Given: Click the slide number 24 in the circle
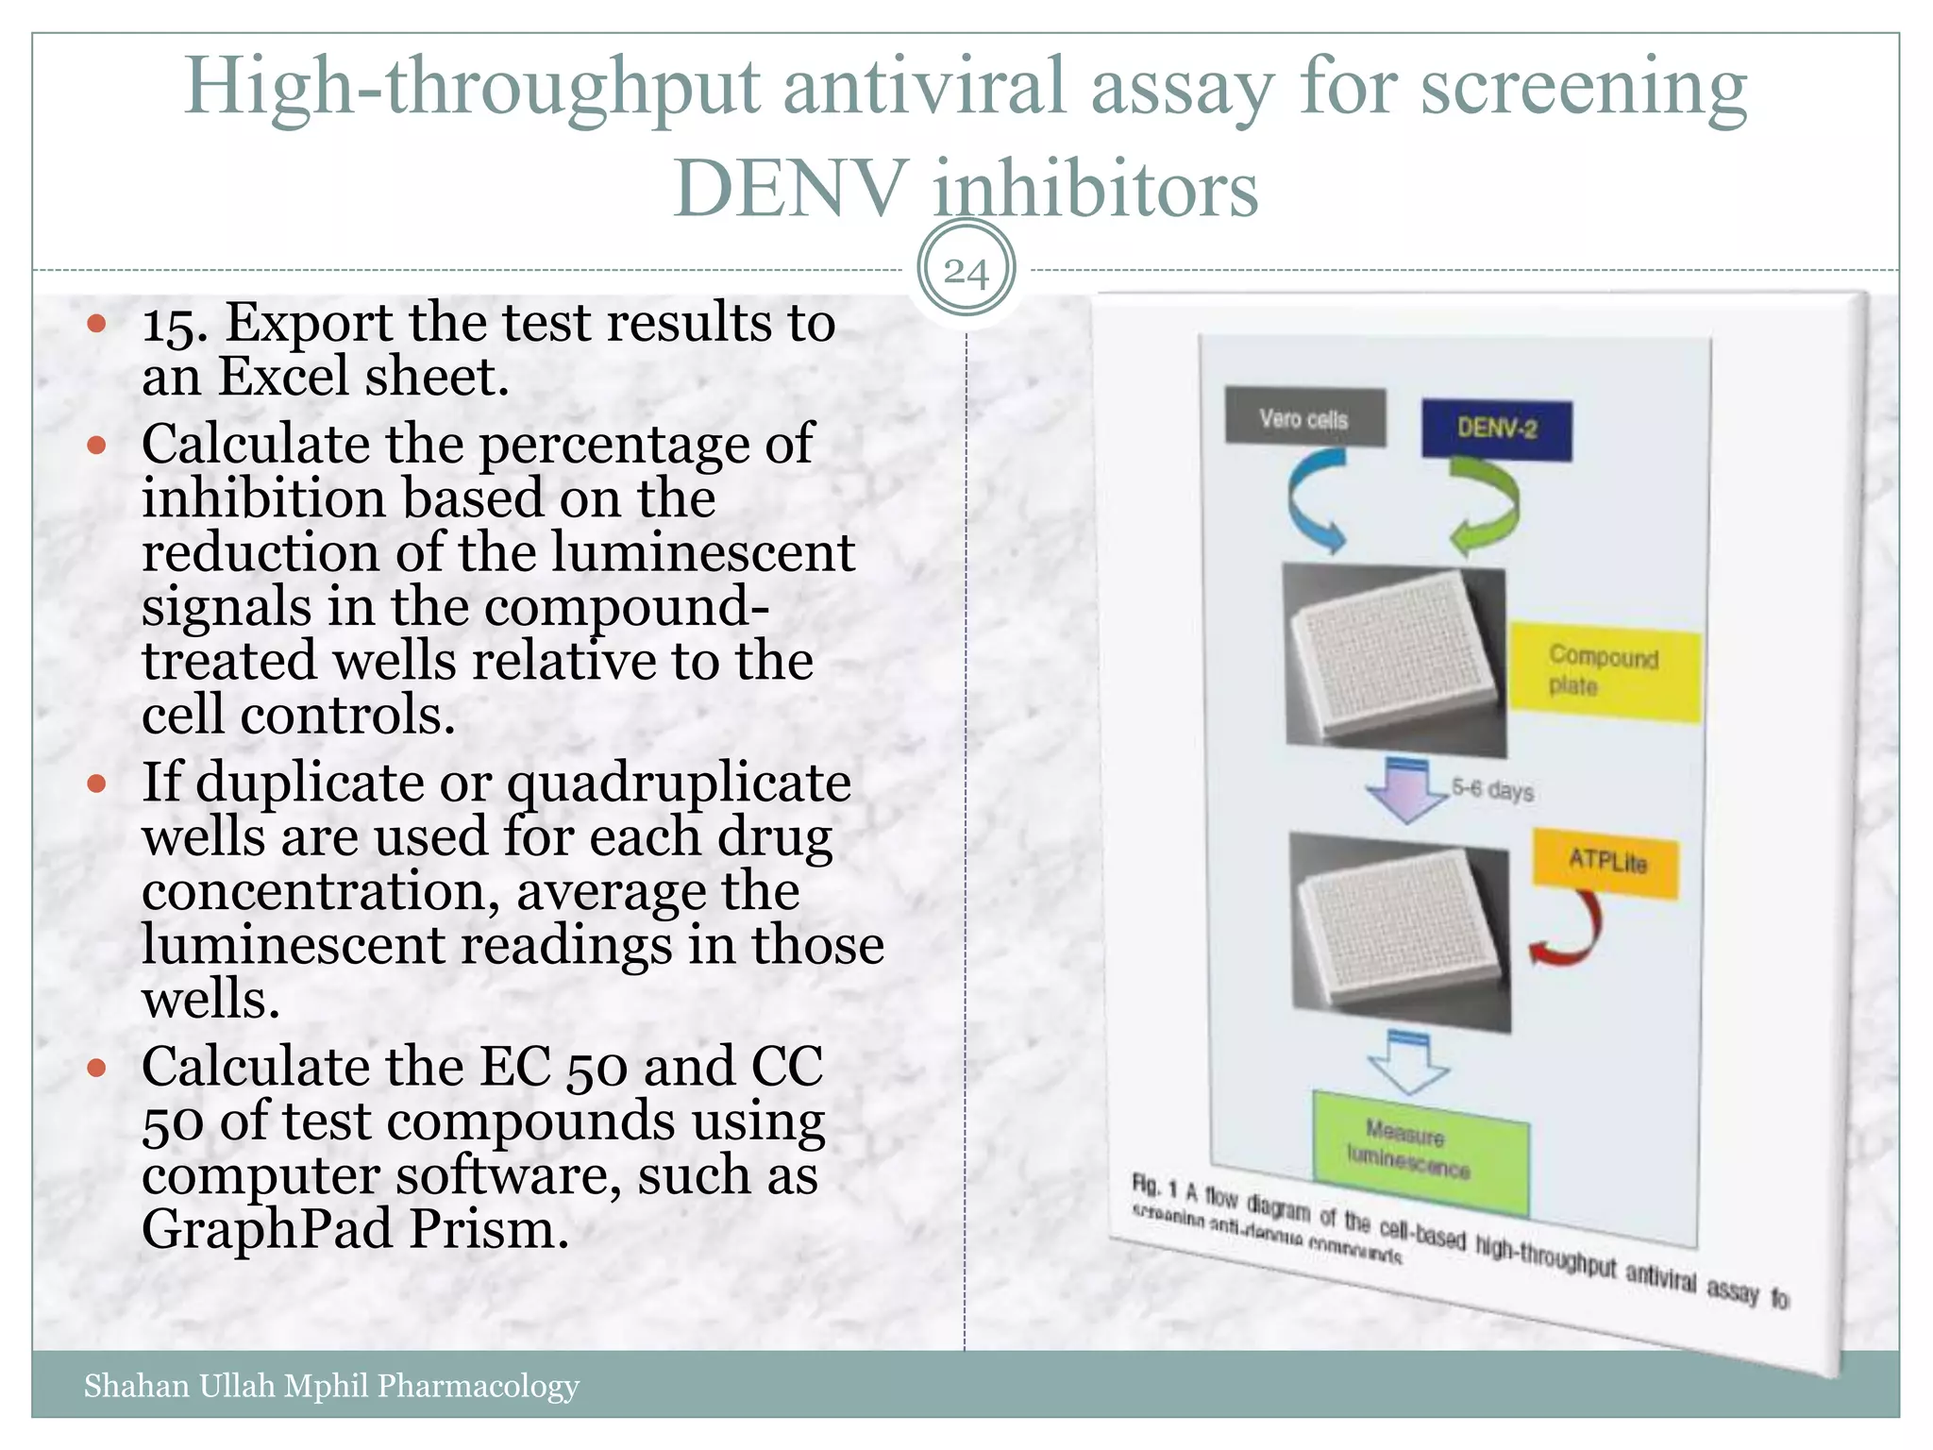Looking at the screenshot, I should [x=966, y=272].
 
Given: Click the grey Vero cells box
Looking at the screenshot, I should [x=1304, y=416].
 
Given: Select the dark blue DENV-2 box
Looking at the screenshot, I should [x=1497, y=430].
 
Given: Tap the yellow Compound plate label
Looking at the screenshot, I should [x=1604, y=671].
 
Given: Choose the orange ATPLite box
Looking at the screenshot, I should [x=1606, y=862].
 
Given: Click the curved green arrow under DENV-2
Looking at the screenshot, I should [x=1486, y=505].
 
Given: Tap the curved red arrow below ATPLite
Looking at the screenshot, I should [x=1569, y=931].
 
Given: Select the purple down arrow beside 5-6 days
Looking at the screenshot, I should [x=1405, y=788].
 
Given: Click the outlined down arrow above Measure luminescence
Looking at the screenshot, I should [x=1408, y=1061].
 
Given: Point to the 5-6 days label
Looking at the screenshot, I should [x=1492, y=788].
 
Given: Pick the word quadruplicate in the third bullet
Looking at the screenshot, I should [x=679, y=784].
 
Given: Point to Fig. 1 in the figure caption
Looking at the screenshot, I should [x=1154, y=1186].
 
